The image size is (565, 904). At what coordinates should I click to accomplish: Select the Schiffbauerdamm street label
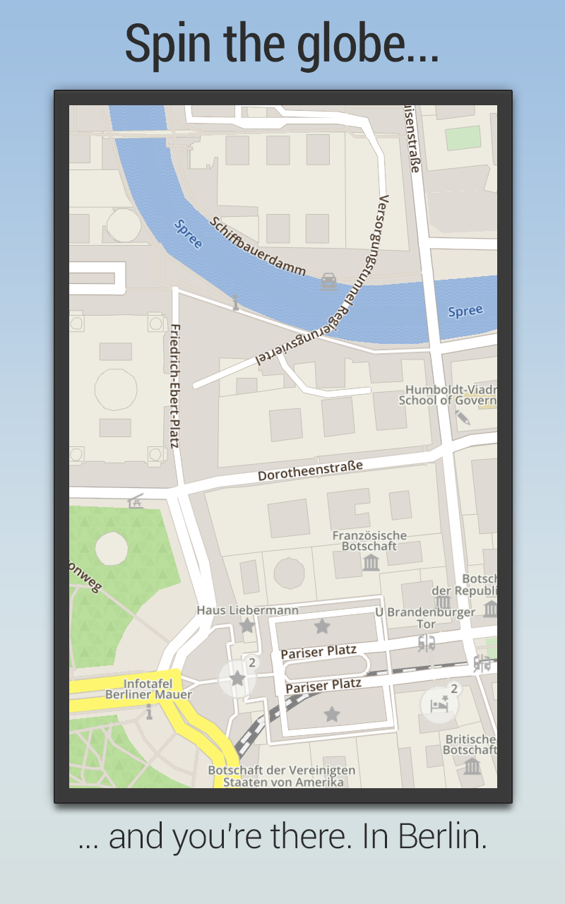click(258, 246)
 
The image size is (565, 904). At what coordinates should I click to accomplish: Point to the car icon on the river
click(328, 282)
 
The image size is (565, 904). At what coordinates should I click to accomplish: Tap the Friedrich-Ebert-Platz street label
click(175, 386)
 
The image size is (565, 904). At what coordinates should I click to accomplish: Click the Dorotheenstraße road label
click(310, 470)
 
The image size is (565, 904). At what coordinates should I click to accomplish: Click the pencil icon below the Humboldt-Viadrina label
click(463, 417)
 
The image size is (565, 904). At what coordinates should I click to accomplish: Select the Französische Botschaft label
click(369, 540)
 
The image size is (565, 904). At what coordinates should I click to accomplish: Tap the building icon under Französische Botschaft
click(370, 562)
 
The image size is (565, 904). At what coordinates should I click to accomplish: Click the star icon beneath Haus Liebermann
click(247, 626)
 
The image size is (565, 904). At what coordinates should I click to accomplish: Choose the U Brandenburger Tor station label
click(425, 618)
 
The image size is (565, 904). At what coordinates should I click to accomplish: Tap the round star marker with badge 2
click(237, 679)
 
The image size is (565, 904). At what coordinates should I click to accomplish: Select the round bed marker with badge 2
click(439, 704)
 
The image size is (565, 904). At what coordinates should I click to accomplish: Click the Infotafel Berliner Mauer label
click(148, 689)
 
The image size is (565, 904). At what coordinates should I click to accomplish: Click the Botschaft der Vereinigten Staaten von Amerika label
click(282, 775)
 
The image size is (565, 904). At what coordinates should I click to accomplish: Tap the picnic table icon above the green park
click(136, 501)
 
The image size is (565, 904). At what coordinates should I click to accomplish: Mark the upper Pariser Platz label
click(319, 652)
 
